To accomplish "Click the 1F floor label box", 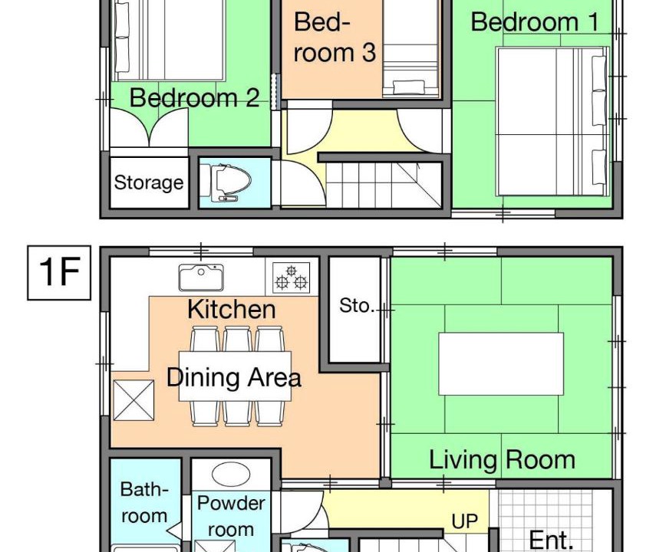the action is click(x=59, y=273).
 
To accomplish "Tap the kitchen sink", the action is click(x=201, y=278).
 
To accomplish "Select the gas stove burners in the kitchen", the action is click(x=291, y=278).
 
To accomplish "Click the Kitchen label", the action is click(x=232, y=309).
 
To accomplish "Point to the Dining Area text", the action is click(x=233, y=377).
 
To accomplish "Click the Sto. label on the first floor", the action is click(x=357, y=305).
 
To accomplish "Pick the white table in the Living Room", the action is click(x=501, y=364).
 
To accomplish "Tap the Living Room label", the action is click(x=502, y=460).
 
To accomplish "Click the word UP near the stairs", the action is click(x=465, y=521).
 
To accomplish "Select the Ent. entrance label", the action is click(x=551, y=540).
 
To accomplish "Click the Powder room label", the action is click(x=231, y=517).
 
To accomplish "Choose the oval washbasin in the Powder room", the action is click(x=231, y=475).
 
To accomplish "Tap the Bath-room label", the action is click(x=144, y=503).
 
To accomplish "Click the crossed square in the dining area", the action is click(x=134, y=400).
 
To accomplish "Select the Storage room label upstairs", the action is click(x=149, y=183).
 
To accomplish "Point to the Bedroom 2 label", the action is click(x=194, y=97).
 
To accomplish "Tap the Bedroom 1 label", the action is click(x=536, y=22).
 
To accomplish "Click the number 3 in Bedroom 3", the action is click(x=369, y=53).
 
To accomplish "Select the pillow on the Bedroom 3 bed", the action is click(x=408, y=87).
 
